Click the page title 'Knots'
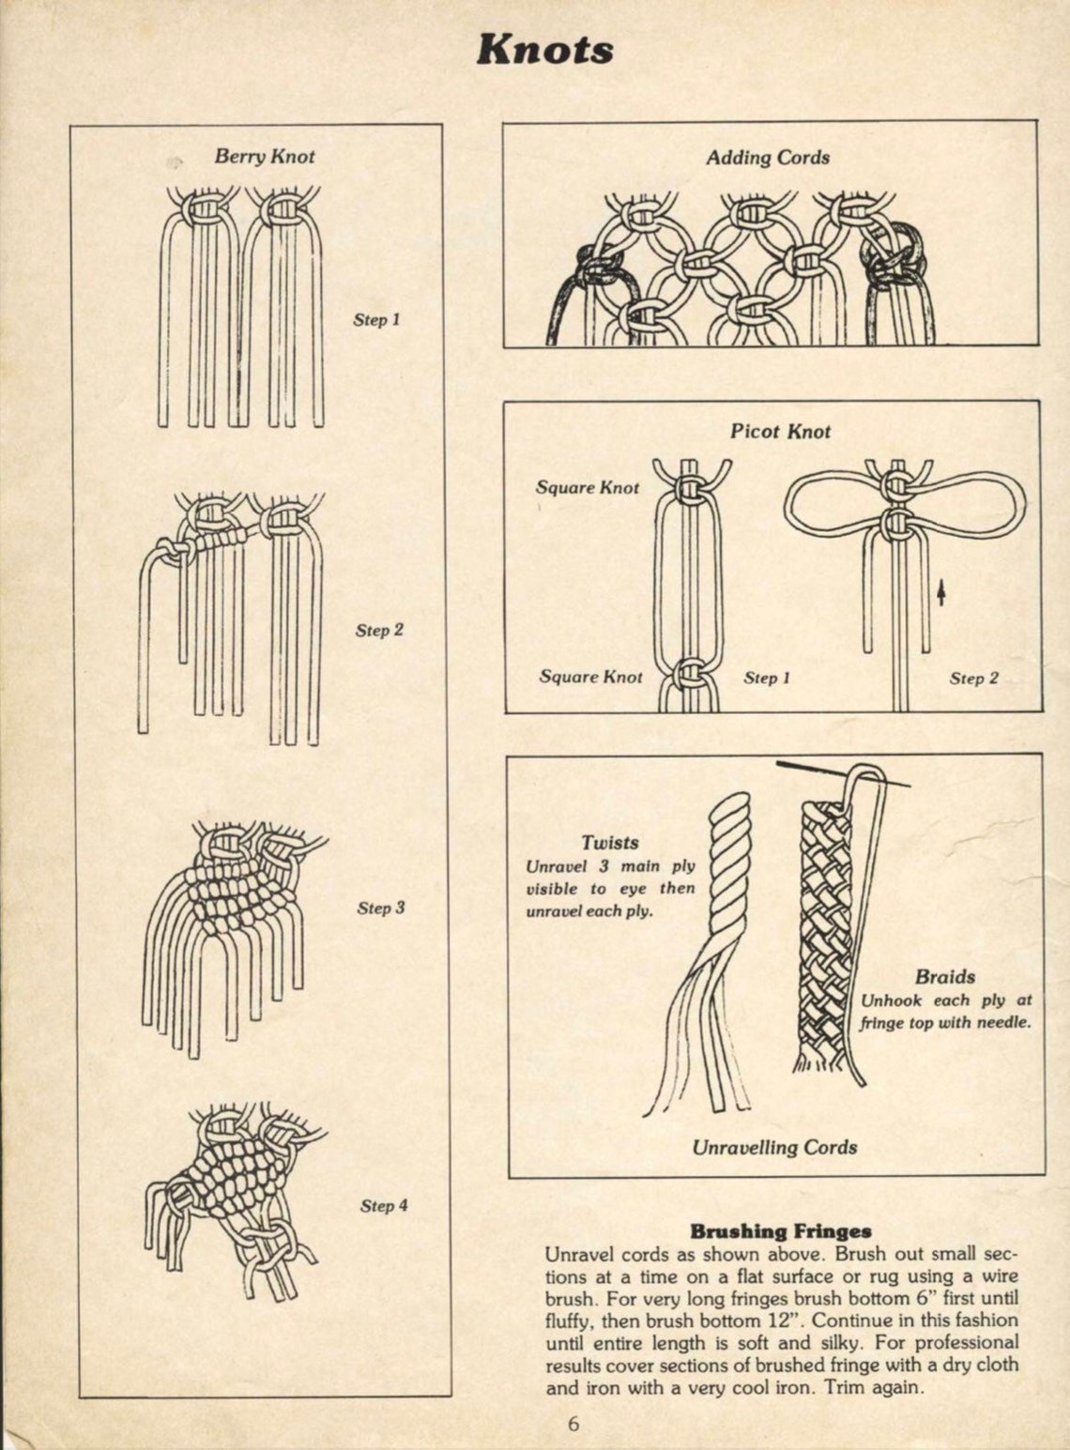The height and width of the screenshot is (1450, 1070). coord(544,49)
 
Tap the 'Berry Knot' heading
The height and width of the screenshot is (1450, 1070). coord(264,156)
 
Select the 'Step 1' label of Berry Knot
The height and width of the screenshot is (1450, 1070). coord(376,319)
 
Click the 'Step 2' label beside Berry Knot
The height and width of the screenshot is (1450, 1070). coord(379,630)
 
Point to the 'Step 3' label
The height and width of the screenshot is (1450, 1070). coord(381,908)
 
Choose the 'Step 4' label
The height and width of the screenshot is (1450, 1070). coord(384,1205)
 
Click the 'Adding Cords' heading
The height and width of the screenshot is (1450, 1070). coord(767,158)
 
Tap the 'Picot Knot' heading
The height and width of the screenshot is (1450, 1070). coord(780,431)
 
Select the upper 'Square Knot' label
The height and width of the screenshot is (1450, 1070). coord(587,487)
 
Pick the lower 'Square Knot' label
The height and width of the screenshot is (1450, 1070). coord(590,677)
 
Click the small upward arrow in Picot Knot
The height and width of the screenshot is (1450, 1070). coord(941,593)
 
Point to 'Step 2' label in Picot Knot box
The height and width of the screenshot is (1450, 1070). coord(973,678)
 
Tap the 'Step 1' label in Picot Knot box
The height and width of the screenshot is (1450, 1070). coord(767,678)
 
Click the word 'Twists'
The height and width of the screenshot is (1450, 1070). coord(609,843)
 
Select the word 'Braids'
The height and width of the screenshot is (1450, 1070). coord(945,976)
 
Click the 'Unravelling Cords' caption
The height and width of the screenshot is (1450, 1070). coord(774,1147)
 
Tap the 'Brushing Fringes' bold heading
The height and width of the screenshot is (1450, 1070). coord(781,1230)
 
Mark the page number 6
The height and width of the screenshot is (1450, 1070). coord(573,1424)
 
